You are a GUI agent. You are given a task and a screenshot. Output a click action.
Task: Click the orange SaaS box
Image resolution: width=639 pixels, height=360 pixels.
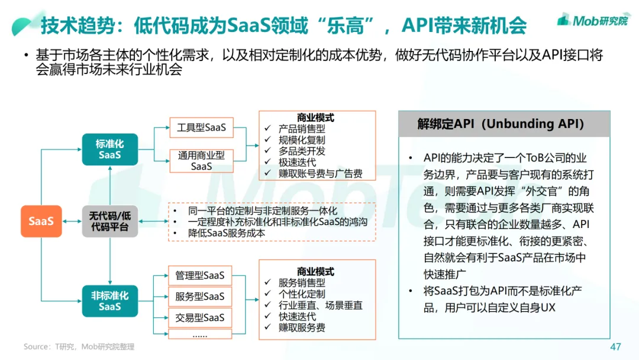[x=41, y=221]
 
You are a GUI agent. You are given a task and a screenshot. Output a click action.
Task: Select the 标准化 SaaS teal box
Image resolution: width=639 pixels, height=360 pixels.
[x=110, y=149]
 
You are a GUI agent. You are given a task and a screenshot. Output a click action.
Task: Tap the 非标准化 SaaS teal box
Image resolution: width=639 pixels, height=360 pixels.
[x=110, y=301]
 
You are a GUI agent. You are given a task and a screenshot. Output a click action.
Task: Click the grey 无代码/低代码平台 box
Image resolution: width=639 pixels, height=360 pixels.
[x=110, y=221]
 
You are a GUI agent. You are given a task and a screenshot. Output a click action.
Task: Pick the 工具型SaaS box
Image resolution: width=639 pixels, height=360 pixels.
[x=201, y=127]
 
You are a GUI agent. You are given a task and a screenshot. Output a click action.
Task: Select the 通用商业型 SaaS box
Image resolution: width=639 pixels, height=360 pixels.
[x=201, y=160]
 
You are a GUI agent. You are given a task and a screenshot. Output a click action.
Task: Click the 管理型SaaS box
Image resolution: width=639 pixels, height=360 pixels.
[x=200, y=275]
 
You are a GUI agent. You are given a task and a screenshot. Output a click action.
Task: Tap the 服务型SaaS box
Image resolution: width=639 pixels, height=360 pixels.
[x=200, y=296]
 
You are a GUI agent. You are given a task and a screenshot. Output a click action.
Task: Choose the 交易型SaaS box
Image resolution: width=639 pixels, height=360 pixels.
[x=200, y=317]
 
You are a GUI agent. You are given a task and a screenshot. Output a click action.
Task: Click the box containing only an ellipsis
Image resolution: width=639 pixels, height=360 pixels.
[x=200, y=335]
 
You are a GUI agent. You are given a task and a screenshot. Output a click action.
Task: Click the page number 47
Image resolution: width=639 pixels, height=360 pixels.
[x=615, y=346]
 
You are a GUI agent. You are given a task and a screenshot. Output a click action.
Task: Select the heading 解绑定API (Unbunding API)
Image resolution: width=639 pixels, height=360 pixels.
[x=501, y=124]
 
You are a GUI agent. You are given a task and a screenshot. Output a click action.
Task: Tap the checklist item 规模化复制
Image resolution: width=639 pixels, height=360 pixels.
[x=302, y=140]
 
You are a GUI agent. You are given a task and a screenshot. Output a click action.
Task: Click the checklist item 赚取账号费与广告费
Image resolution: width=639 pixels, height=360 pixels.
[x=320, y=173]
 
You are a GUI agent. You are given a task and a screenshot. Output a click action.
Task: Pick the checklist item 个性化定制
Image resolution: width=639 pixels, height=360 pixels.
[x=302, y=294]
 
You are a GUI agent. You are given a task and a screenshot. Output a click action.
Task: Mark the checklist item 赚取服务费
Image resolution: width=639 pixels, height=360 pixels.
[x=302, y=327]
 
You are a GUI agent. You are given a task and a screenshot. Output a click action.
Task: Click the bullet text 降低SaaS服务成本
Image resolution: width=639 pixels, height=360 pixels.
[x=227, y=233]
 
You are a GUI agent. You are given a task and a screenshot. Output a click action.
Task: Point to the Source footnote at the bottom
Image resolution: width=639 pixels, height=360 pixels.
[x=79, y=346]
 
